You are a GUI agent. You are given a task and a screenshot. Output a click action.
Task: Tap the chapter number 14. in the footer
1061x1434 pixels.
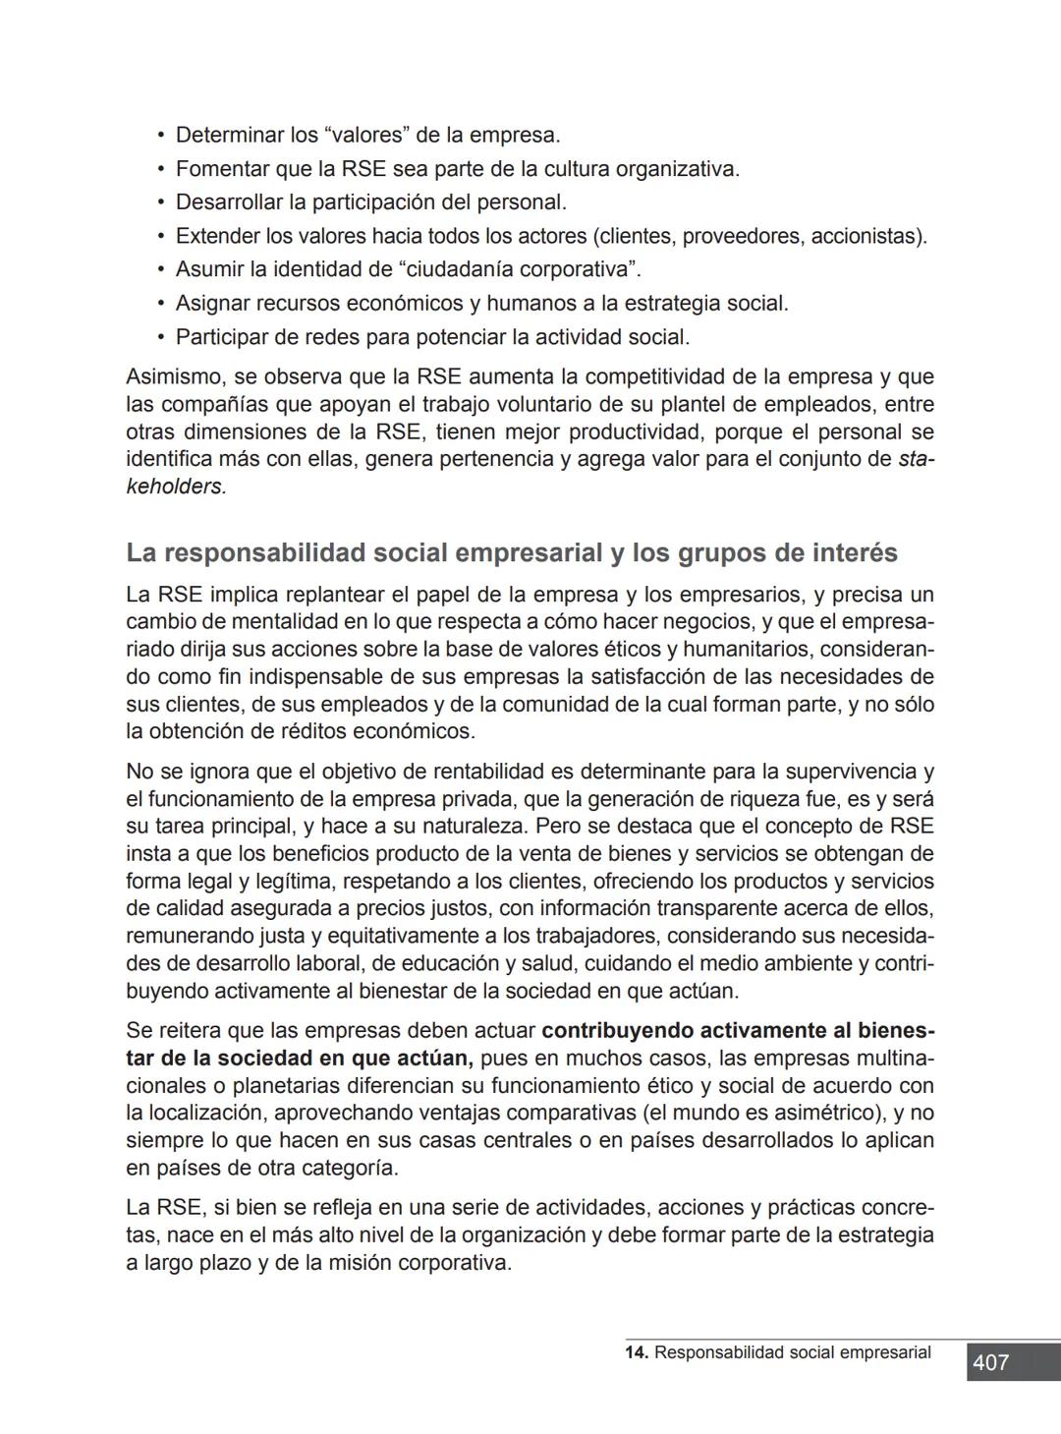[x=636, y=1352]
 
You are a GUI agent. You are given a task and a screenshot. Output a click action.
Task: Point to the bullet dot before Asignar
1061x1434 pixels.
[x=161, y=304]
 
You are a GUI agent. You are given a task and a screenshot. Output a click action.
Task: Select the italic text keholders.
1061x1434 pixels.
[x=175, y=487]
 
